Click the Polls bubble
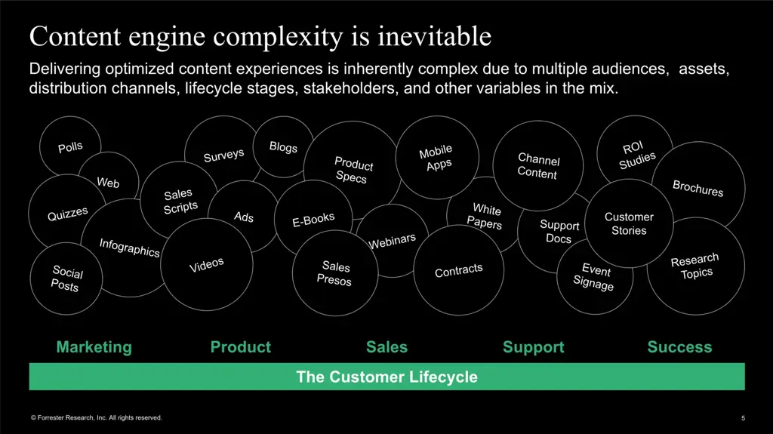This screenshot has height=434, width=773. pyautogui.click(x=70, y=147)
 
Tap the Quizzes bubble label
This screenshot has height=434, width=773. pyautogui.click(x=68, y=214)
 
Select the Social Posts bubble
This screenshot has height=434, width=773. pyautogui.click(x=66, y=278)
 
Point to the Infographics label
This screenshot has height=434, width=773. pyautogui.click(x=129, y=247)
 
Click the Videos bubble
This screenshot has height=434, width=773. pyautogui.click(x=206, y=265)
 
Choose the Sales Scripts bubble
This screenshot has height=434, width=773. pyautogui.click(x=179, y=201)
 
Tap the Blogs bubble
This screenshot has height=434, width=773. pyautogui.click(x=283, y=147)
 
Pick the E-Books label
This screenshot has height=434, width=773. pyautogui.click(x=313, y=220)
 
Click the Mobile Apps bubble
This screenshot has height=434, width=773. pyautogui.click(x=437, y=158)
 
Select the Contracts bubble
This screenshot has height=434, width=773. pyautogui.click(x=458, y=270)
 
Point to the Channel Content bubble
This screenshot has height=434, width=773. pyautogui.click(x=538, y=167)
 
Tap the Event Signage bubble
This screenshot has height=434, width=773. pyautogui.click(x=595, y=277)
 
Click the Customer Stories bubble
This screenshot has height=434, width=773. pyautogui.click(x=629, y=223)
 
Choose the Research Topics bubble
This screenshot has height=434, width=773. pyautogui.click(x=695, y=266)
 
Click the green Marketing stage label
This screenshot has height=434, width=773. pyautogui.click(x=94, y=347)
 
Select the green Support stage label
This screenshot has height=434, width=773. pyautogui.click(x=533, y=347)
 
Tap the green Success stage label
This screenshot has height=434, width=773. pyautogui.click(x=679, y=347)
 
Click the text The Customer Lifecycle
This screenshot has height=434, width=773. pyautogui.click(x=386, y=377)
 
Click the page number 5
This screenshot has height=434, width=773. pyautogui.click(x=743, y=418)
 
